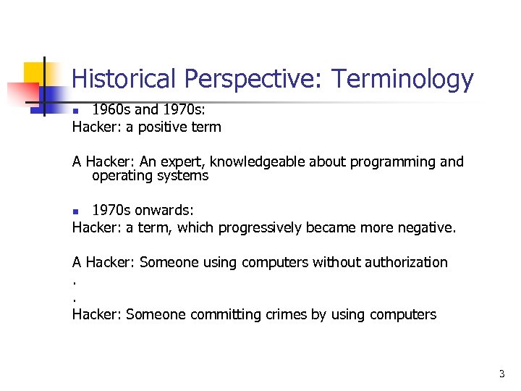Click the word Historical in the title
125,79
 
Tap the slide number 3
501,374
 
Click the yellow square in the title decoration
35,72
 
